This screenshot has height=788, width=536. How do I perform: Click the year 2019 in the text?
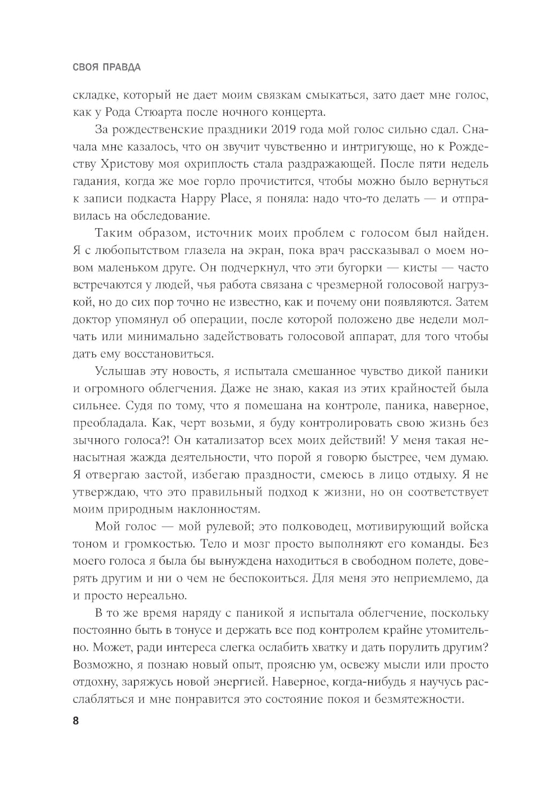[287, 130]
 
